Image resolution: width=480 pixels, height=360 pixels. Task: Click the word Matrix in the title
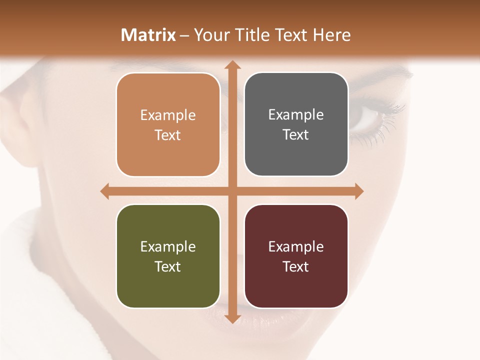tap(148, 35)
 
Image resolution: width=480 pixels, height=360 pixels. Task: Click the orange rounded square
tap(168, 124)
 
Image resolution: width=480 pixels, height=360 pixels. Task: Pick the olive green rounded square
tap(168, 256)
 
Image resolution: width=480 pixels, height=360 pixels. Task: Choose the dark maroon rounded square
tap(296, 256)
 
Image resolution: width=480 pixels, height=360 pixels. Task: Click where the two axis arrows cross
tap(232, 191)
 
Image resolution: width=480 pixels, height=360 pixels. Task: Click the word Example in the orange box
tap(168, 115)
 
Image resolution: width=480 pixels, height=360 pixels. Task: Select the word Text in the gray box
tap(296, 135)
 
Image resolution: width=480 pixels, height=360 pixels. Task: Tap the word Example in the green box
tap(168, 247)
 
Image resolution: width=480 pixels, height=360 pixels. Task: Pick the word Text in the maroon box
tap(296, 266)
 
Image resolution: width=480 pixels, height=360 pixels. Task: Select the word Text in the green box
tap(168, 266)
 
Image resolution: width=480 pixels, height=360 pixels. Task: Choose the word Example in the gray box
tap(296, 115)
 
